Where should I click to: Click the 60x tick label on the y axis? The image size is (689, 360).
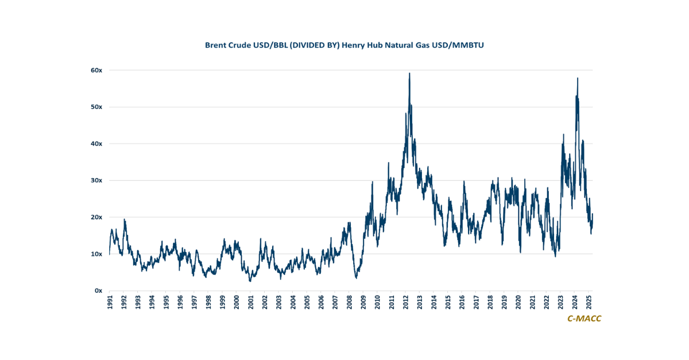(x=96, y=70)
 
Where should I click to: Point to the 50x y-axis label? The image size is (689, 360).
(x=96, y=107)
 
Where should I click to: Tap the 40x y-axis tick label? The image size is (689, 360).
(x=96, y=144)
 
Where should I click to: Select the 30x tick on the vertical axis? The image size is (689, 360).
(x=96, y=180)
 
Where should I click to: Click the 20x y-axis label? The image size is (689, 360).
(x=96, y=217)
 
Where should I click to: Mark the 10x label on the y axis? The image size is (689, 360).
(x=96, y=254)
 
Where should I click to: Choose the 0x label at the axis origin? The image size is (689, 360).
(x=98, y=291)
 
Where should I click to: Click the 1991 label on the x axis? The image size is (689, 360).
(x=110, y=303)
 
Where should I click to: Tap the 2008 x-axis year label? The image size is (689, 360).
(x=349, y=303)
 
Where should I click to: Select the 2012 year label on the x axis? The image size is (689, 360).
(x=405, y=303)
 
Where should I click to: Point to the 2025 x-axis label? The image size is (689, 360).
(x=589, y=303)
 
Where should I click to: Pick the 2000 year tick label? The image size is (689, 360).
(x=237, y=303)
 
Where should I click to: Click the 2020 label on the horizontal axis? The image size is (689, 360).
(x=518, y=303)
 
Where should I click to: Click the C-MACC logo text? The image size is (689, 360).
(x=584, y=319)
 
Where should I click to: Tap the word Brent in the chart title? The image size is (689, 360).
(x=216, y=44)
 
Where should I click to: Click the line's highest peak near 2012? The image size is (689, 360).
(x=409, y=73)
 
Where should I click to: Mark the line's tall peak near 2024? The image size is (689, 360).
(x=577, y=78)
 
